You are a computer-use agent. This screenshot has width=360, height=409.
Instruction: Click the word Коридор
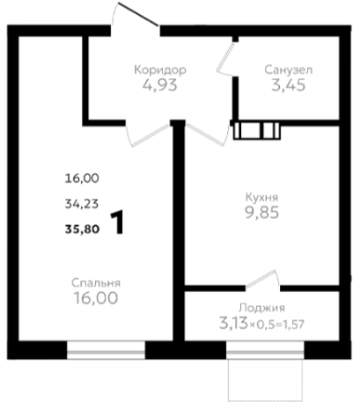pos(160,70)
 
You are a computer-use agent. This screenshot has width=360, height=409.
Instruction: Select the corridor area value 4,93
pos(160,85)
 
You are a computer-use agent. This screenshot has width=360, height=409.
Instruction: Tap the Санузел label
pos(289,70)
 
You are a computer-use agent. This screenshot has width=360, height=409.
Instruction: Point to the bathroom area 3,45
pos(289,85)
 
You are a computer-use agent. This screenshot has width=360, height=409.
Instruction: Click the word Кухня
pos(261,198)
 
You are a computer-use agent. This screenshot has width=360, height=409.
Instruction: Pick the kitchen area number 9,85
pos(262,213)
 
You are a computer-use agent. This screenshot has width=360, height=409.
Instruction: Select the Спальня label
pos(96,283)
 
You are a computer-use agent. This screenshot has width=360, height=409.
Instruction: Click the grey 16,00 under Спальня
pos(96,298)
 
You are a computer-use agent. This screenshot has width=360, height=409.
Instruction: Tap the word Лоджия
pos(261,308)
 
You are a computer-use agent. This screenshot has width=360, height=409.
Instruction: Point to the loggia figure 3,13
pos(233,324)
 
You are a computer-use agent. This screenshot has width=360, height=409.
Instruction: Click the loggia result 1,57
pos(294,325)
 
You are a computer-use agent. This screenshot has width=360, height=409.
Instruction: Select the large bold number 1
pos(118,223)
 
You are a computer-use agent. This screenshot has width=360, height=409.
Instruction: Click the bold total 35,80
pos(82,230)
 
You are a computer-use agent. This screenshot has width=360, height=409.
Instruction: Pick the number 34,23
pos(82,204)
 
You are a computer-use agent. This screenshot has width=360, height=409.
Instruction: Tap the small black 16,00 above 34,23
pos(82,179)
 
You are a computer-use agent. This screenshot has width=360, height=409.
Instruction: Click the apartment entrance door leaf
pos(138,14)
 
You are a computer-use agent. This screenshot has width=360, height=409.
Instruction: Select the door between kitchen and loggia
pos(261,279)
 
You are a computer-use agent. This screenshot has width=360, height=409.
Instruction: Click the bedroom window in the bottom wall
pos(106,350)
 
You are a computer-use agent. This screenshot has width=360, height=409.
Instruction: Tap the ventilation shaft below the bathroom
pos(257,130)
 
